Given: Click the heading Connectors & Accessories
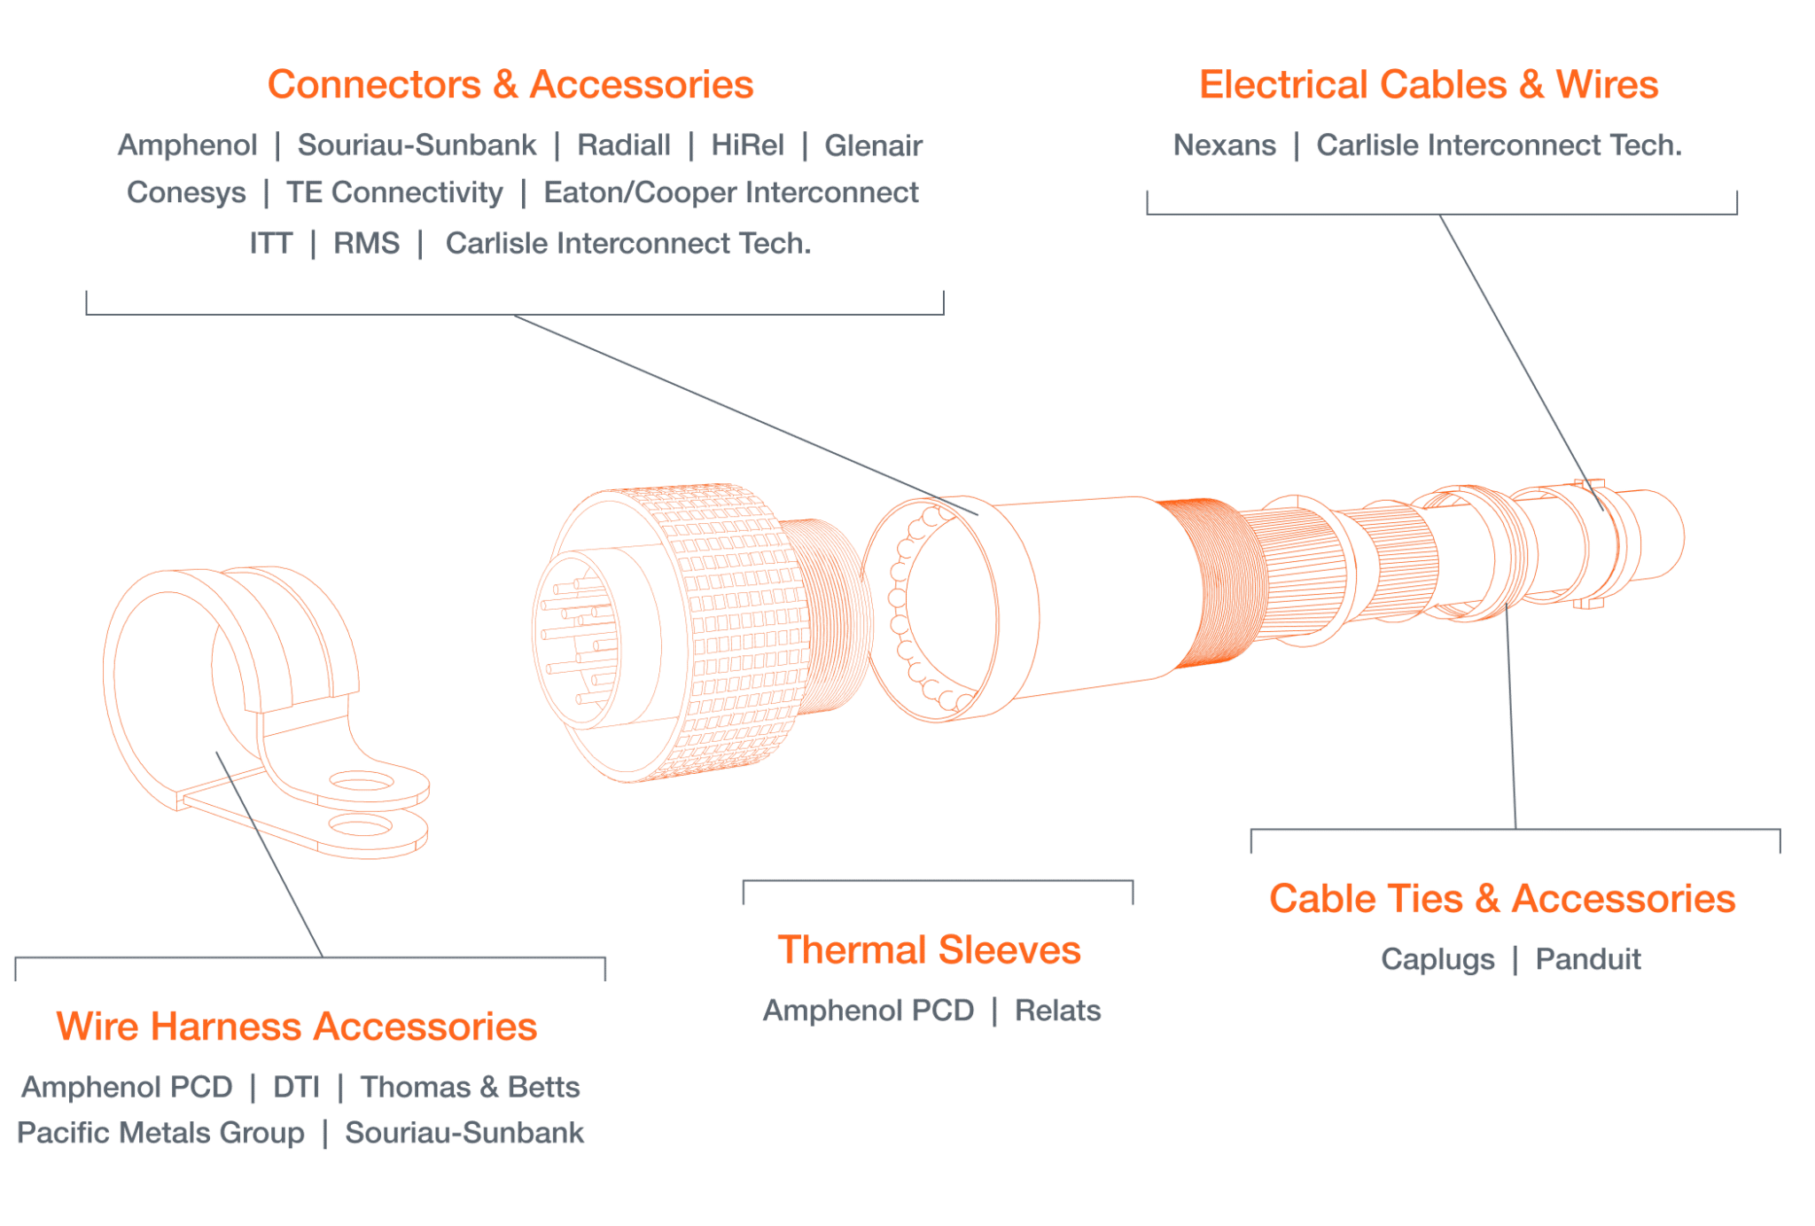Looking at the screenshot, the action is point(510,85).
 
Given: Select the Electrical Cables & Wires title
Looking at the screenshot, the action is point(1429,85).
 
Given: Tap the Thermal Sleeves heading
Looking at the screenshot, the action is point(930,950).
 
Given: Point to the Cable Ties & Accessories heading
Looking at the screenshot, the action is point(1502,899).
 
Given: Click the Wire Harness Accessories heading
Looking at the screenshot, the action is point(297,1027).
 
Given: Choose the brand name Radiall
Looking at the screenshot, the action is point(624,145).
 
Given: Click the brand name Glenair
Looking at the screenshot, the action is point(874,145).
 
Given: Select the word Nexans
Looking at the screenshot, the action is point(1225,145).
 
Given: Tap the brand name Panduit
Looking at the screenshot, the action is point(1588,959).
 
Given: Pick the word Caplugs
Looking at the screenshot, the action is point(1437,959).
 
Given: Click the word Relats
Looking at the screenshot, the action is point(1058,1011).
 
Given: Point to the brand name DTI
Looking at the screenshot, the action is point(296,1087).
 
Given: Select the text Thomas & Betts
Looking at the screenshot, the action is point(470,1087).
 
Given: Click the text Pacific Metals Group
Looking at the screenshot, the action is point(160,1133).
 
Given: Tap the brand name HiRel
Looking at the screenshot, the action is point(748,145).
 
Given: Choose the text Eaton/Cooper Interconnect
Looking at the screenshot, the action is point(731,192).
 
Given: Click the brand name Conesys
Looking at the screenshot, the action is point(186,192).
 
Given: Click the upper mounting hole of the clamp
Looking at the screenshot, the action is point(362,781).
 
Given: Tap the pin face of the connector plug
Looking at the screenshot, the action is point(577,639).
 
